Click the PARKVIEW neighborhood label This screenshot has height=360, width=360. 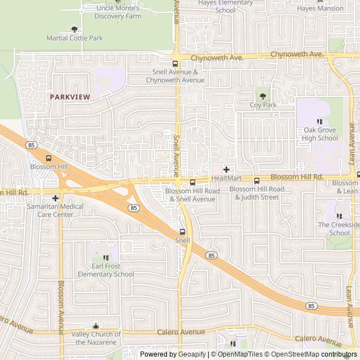coord(70,97)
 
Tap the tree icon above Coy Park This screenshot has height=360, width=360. coord(262,96)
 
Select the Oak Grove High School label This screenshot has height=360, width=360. coord(319,134)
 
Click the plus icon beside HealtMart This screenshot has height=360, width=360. coord(226,169)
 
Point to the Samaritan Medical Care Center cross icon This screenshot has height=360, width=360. coord(55,198)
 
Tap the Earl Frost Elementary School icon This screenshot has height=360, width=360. coord(106,258)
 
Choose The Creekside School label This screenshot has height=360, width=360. coord(339,228)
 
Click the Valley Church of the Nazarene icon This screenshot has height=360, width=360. coord(96,326)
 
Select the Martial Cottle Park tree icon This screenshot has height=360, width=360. coord(75,29)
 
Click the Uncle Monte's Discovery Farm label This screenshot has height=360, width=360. coord(118,12)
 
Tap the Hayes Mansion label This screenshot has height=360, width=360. coord(320,8)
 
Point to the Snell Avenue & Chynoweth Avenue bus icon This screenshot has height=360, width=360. coord(175,64)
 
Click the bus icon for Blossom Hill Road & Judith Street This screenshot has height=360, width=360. coord(256,181)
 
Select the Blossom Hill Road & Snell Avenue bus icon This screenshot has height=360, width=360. coord(192,182)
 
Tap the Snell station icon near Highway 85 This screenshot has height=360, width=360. coord(182,232)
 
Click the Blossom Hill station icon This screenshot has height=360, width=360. coord(48,158)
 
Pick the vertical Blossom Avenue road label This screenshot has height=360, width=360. coord(61,304)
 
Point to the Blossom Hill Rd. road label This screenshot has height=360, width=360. coord(296,177)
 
